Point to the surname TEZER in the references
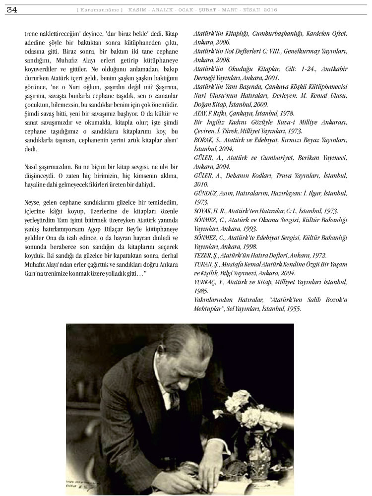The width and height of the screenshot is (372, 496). tap(203, 255)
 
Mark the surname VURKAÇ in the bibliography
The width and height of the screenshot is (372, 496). tap(206, 282)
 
